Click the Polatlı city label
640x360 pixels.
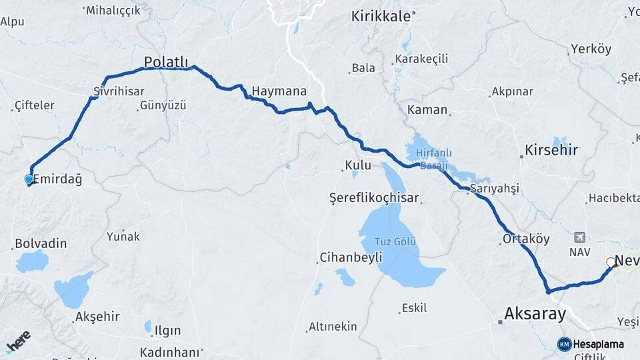click(x=166, y=61)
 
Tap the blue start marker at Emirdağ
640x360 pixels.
click(x=29, y=179)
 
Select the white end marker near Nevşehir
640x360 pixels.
click(x=610, y=263)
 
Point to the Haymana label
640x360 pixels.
click(x=279, y=91)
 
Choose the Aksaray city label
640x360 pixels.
click(x=535, y=313)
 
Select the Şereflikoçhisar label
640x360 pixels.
click(x=374, y=198)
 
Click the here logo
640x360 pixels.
click(x=18, y=341)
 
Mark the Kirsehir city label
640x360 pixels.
click(x=551, y=149)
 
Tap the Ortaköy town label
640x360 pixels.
click(x=527, y=239)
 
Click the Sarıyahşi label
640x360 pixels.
click(x=494, y=189)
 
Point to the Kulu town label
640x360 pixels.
click(x=357, y=165)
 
